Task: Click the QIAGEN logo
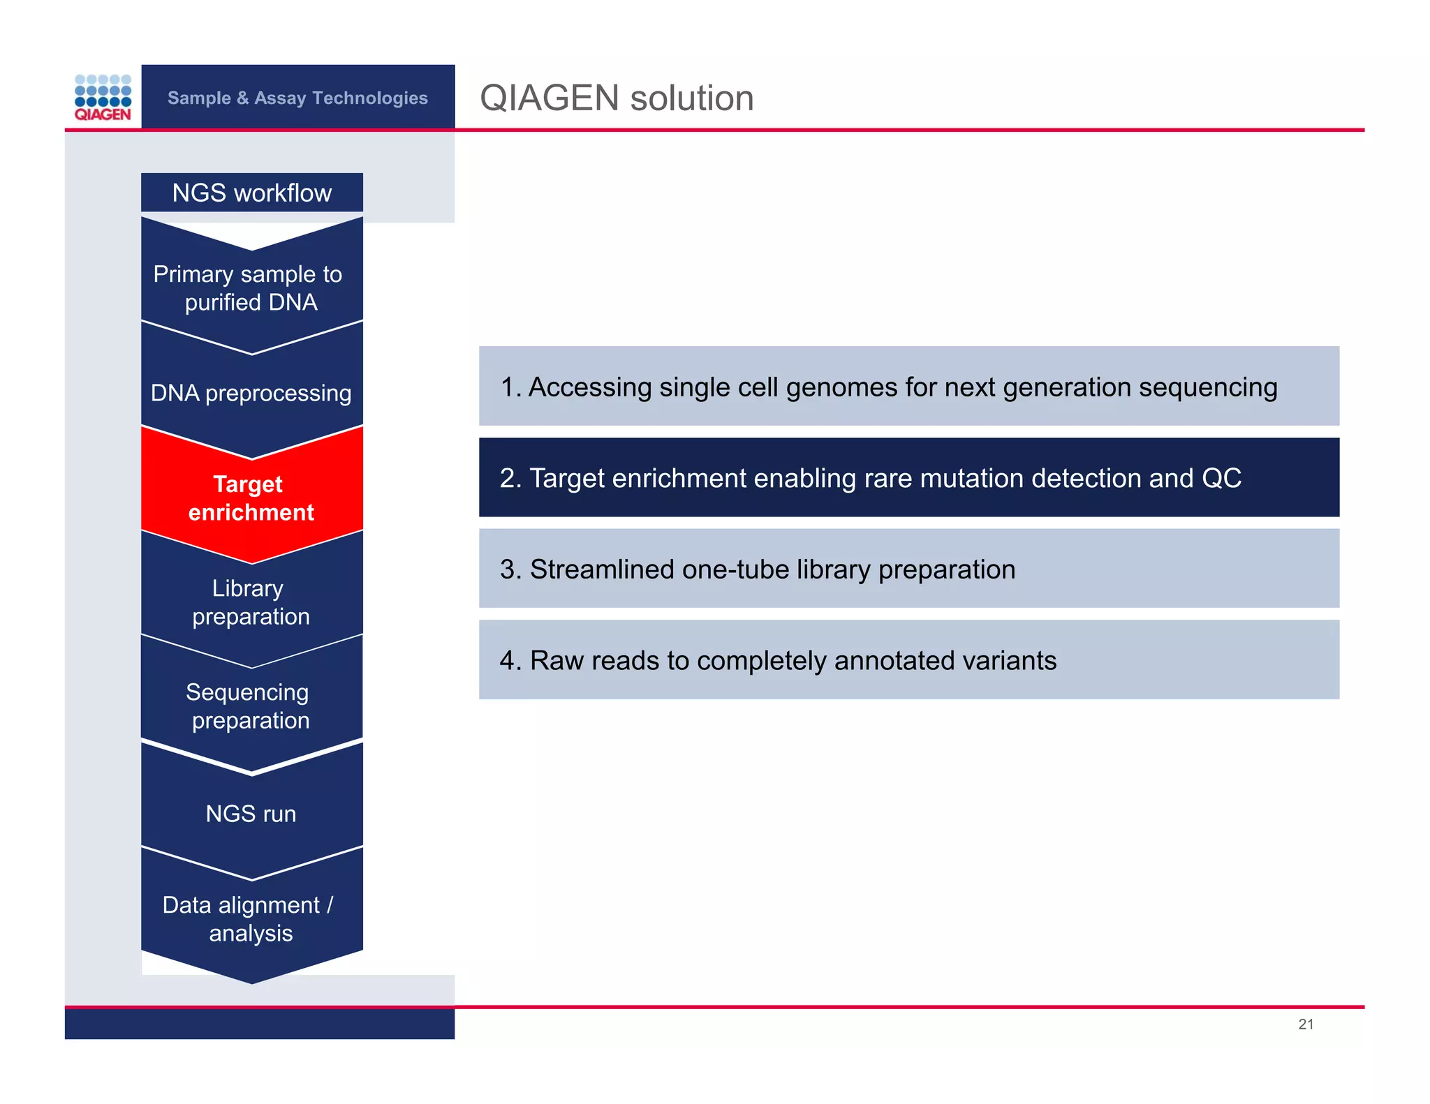click(103, 98)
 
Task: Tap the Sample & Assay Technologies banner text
click(297, 98)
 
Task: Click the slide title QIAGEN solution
click(617, 98)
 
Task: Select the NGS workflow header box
click(252, 193)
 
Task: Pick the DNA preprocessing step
click(251, 393)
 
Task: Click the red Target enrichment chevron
click(251, 498)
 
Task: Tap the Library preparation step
click(250, 602)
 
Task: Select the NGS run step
click(251, 814)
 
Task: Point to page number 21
click(1306, 1024)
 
